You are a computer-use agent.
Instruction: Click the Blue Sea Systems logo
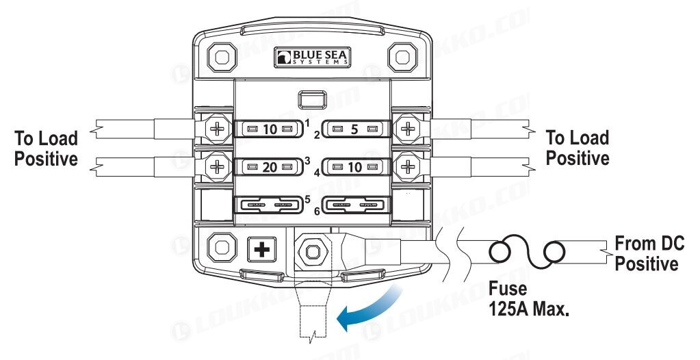point(312,57)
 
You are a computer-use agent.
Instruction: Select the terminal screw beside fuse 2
point(407,129)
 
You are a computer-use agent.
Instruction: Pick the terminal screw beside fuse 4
point(407,167)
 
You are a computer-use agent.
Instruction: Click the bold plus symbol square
point(261,249)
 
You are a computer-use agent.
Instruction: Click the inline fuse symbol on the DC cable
point(527,252)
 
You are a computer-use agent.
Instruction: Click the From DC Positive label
point(649,254)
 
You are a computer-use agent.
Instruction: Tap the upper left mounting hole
point(222,57)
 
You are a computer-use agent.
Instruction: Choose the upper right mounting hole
point(402,57)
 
